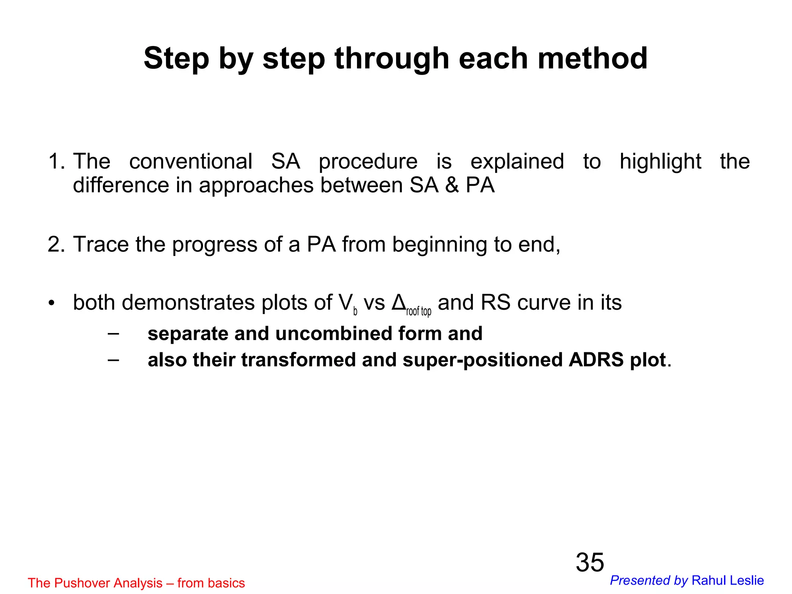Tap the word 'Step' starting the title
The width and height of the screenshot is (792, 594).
[176, 59]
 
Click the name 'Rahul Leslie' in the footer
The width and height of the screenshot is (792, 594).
[727, 580]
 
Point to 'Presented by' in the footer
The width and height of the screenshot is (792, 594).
[649, 580]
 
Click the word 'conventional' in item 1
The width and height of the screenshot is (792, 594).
[191, 161]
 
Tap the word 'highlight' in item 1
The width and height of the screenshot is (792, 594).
[660, 162]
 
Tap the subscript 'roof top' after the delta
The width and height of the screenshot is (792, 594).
[418, 311]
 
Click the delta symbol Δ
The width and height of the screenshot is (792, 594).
[398, 302]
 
